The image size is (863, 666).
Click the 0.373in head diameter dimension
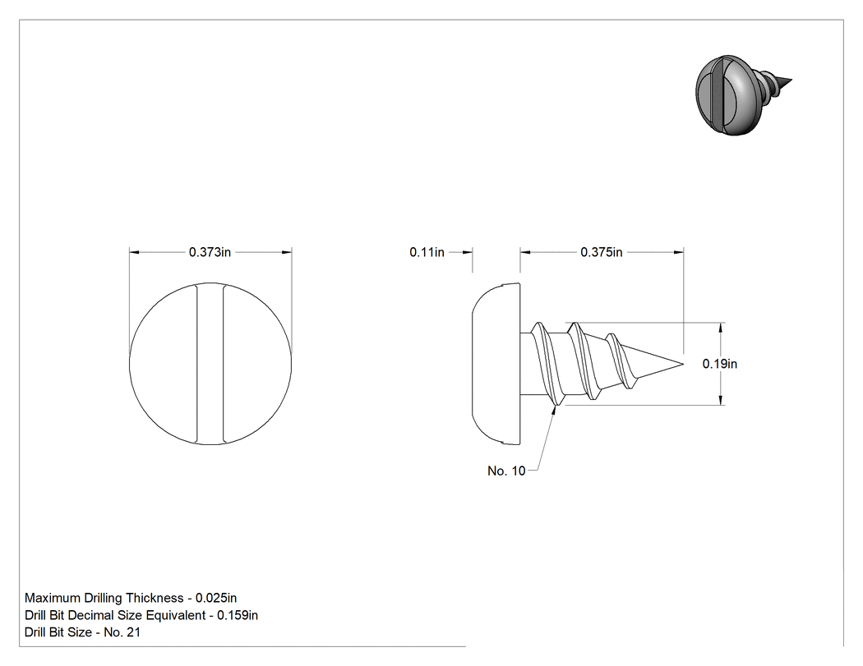210,252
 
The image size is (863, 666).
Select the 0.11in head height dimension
427,252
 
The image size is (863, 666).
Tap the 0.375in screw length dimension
602,252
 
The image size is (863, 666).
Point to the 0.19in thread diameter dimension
720,364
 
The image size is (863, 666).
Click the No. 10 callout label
506,471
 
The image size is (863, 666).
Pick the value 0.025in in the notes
216,598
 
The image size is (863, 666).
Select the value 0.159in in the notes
238,615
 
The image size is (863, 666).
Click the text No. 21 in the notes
122,632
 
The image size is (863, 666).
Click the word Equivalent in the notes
177,615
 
